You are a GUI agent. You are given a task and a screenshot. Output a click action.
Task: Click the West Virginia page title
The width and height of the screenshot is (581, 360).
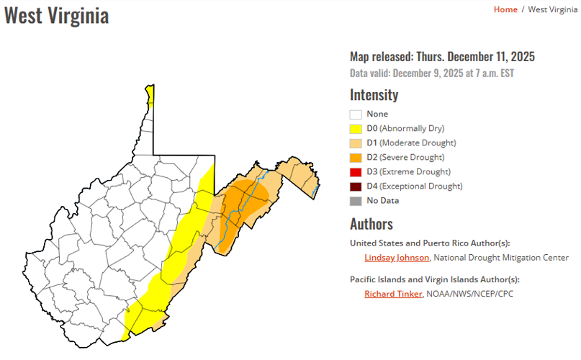[57, 16]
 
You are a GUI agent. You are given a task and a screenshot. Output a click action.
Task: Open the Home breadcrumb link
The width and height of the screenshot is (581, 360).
[505, 9]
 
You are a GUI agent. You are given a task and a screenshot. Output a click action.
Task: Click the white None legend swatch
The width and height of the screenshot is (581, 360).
[356, 114]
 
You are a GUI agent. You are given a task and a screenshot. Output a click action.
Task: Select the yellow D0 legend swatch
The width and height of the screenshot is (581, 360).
[356, 129]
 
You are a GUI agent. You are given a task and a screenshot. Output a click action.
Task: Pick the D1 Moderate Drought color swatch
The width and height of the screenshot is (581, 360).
[356, 143]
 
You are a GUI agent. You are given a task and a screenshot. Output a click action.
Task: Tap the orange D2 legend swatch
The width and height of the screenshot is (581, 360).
[356, 158]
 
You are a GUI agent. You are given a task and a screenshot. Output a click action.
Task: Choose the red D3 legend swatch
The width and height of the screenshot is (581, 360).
[356, 172]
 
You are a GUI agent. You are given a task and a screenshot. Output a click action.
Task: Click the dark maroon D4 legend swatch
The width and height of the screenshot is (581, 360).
[356, 186]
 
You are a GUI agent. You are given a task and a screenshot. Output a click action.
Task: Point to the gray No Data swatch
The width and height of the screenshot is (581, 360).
[356, 201]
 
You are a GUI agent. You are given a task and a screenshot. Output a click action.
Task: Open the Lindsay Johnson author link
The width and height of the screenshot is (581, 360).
[397, 258]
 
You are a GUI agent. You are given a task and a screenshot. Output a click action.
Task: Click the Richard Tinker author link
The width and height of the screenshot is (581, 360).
[393, 294]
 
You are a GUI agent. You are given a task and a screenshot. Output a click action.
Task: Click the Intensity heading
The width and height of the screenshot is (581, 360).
[374, 95]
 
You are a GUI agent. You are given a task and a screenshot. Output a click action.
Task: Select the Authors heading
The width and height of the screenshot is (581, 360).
[371, 224]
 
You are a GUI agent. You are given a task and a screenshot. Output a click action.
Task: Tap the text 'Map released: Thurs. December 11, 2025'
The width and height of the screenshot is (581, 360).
[442, 57]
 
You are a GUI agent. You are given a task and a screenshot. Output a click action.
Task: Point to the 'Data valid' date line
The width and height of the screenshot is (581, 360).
[432, 73]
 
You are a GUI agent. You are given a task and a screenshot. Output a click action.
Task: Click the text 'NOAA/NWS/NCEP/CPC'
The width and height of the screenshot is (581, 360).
[469, 294]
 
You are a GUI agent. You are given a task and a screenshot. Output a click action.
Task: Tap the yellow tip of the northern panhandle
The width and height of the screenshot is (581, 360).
[150, 93]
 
